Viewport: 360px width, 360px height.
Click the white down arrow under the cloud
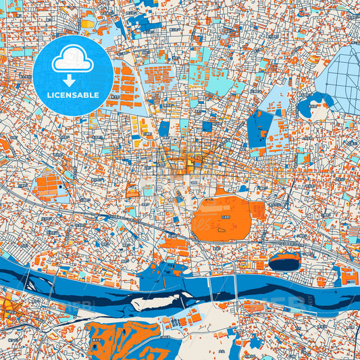coord(69,80)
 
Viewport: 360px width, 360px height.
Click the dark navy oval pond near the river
coord(284,261)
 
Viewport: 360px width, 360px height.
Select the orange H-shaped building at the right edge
coord(349,276)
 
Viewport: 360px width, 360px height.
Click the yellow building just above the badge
coord(88,23)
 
